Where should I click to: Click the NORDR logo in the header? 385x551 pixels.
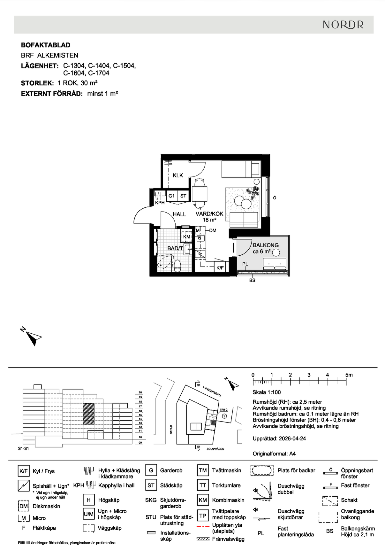(343, 25)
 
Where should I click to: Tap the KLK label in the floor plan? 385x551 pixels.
(178, 175)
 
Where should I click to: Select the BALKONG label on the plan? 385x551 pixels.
(266, 245)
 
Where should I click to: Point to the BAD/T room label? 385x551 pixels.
(175, 248)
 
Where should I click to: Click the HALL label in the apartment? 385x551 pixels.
(179, 214)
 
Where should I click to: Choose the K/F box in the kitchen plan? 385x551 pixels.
(220, 268)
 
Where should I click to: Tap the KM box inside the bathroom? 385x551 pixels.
(186, 237)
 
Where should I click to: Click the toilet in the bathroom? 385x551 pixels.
(177, 266)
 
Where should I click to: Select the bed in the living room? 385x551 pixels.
(241, 169)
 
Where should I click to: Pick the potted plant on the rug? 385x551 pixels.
(253, 192)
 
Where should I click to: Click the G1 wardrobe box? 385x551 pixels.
(172, 196)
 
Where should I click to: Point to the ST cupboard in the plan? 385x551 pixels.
(183, 196)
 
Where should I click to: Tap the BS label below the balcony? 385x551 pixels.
(252, 280)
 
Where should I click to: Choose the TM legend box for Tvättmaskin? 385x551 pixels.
(203, 470)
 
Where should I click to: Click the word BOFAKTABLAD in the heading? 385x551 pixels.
(46, 45)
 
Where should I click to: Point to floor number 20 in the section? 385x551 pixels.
(140, 392)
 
